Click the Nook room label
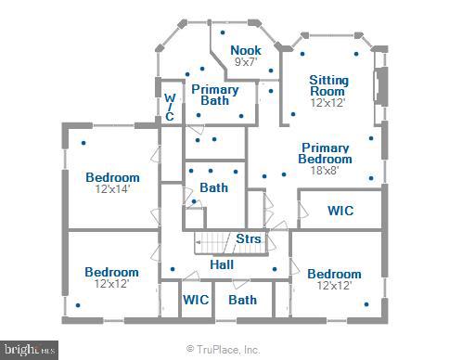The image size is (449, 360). tap(246, 50)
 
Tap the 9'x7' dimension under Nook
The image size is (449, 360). tap(246, 62)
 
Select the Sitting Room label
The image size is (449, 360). tap(327, 86)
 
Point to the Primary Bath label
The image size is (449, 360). tap(215, 95)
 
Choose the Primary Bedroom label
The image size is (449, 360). tap(325, 153)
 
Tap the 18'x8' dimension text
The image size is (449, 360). tap(325, 170)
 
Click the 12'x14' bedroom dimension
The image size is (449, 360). tap(112, 189)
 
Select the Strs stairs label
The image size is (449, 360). tap(248, 239)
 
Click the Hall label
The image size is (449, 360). tap(222, 265)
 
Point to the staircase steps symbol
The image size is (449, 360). tap(212, 242)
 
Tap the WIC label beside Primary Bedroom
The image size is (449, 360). tap(340, 211)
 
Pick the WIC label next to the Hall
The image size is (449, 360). tap(196, 300)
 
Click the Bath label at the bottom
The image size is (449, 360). tap(242, 300)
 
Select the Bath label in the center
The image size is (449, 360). tap(213, 187)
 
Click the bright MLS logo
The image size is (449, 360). tap(29, 350)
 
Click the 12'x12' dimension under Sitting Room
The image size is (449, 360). tap(327, 103)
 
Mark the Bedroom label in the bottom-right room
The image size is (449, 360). tap(334, 274)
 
